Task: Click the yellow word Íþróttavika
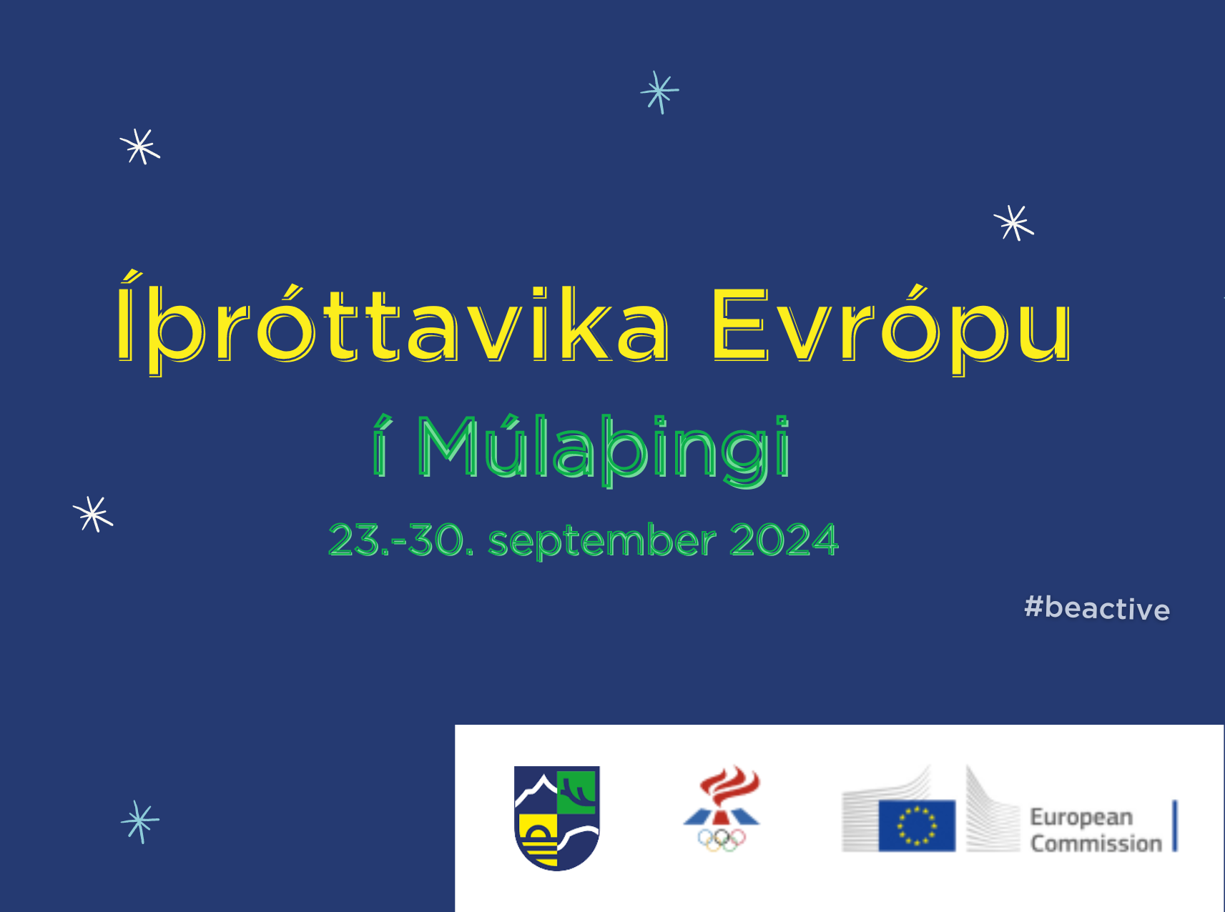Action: click(393, 323)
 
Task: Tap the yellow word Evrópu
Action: click(891, 325)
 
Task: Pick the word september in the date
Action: click(602, 541)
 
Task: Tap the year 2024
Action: click(784, 540)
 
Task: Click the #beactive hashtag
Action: click(1097, 608)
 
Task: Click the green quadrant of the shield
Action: click(577, 791)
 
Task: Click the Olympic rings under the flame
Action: click(722, 840)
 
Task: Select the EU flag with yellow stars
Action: click(917, 826)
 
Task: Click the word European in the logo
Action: click(1081, 818)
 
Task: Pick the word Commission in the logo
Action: click(1096, 844)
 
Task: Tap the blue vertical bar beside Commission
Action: click(1175, 826)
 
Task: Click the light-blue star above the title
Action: click(659, 91)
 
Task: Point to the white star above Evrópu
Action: click(1014, 223)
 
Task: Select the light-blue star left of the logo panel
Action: click(140, 821)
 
